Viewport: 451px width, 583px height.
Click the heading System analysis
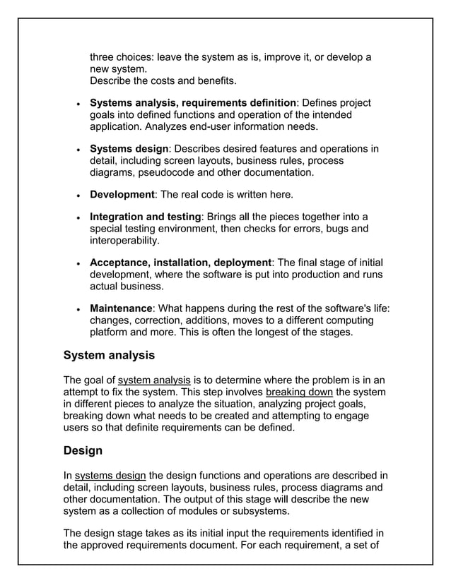pyautogui.click(x=109, y=355)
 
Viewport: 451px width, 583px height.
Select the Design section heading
pyautogui.click(x=83, y=450)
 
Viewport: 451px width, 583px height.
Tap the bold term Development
pyautogui.click(x=122, y=194)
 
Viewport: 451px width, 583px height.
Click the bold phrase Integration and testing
pyautogui.click(x=146, y=217)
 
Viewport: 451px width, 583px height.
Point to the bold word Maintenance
pyautogui.click(x=121, y=308)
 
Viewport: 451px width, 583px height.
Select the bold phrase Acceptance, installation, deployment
pyautogui.click(x=180, y=263)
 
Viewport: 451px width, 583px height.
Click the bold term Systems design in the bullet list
pyautogui.click(x=129, y=149)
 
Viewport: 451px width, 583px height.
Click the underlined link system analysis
pyautogui.click(x=155, y=380)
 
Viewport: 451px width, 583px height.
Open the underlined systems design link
pyautogui.click(x=110, y=475)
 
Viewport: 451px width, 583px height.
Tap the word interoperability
pyautogui.click(x=124, y=241)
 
